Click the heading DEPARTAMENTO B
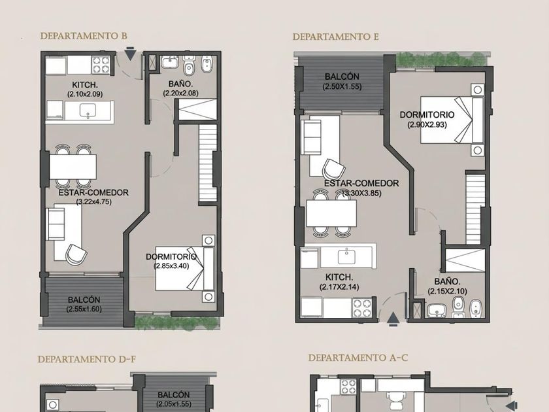84,36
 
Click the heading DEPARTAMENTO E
336,37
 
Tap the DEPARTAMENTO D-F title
87,360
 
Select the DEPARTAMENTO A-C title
358,358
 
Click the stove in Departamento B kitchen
101,65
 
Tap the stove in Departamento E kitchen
362,307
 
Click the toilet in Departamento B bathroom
189,65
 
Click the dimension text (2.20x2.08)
180,93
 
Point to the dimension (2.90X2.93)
427,124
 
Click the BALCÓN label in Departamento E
342,77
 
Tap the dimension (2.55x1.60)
84,309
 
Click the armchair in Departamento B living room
76,254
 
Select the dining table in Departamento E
331,213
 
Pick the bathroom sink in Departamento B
170,62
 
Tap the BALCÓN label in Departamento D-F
174,395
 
